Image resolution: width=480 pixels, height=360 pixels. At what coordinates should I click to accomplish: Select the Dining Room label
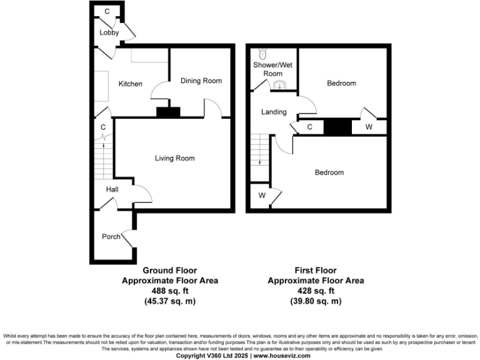(201, 81)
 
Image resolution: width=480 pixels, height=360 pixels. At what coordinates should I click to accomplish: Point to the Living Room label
(175, 158)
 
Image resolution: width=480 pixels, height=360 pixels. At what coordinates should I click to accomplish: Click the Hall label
(112, 189)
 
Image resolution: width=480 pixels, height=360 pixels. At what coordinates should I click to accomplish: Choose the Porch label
(111, 236)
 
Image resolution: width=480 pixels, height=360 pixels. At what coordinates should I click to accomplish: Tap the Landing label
(274, 112)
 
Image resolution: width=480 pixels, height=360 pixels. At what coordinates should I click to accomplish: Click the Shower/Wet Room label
(272, 69)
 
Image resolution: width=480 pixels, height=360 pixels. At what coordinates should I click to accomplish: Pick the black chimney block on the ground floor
(167, 112)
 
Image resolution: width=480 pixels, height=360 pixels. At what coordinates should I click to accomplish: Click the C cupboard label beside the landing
(310, 127)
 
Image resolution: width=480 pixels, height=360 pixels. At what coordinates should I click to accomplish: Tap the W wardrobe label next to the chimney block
(369, 127)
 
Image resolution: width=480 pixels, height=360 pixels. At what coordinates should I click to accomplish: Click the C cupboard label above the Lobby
(107, 12)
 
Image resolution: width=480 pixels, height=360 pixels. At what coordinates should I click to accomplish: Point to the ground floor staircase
(104, 159)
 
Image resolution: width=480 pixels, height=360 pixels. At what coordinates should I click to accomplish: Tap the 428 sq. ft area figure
(316, 291)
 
